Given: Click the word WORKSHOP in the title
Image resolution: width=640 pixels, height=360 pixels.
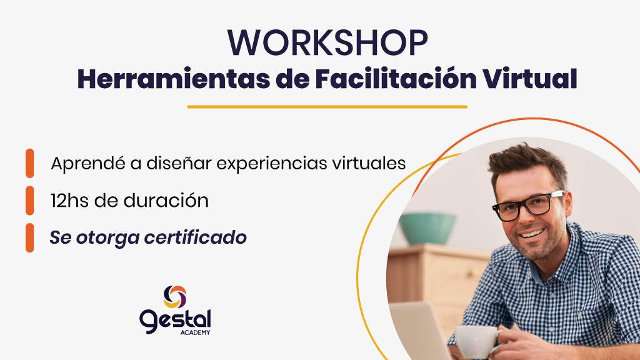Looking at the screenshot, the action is tap(327, 42).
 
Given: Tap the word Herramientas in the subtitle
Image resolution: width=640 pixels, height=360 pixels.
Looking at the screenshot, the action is tap(174, 79).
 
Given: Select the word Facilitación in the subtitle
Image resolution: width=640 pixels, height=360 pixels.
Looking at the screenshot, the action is tap(396, 79).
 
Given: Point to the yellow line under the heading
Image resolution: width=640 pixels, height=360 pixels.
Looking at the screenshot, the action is tap(327, 107).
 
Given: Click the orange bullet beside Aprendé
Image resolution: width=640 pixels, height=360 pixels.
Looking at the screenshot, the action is tap(30, 163).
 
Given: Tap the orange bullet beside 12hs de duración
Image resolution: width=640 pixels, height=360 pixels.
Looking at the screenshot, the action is tap(30, 201).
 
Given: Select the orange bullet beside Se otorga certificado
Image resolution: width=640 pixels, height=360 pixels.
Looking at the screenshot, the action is tap(30, 237).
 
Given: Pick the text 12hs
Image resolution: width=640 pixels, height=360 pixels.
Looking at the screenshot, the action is tap(69, 201).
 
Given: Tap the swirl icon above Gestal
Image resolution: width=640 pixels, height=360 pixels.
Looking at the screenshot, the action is tap(175, 297).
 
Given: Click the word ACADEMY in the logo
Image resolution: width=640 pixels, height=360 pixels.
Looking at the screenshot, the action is tap(195, 332).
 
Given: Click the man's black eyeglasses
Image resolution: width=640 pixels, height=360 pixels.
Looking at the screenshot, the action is tap(529, 206).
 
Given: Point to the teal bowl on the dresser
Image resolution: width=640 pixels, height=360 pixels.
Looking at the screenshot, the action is tap(427, 228).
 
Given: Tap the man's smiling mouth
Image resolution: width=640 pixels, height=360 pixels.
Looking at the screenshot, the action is tap(532, 234).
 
